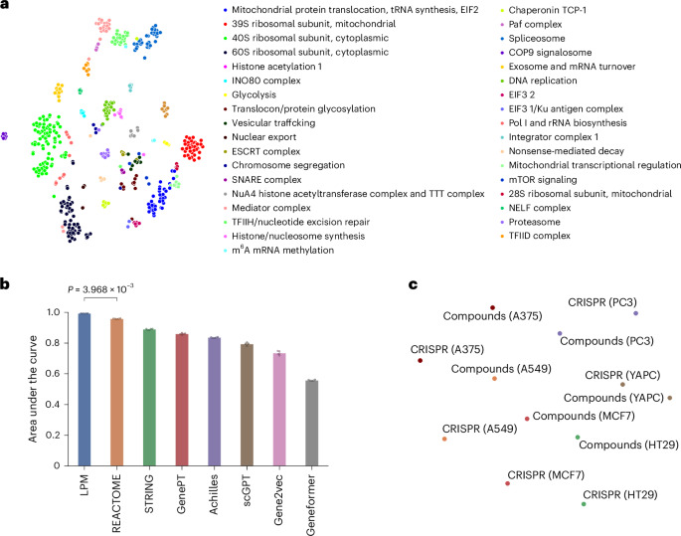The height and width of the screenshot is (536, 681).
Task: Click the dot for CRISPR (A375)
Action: [x=421, y=360]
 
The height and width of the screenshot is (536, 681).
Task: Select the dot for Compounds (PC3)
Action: [x=560, y=333]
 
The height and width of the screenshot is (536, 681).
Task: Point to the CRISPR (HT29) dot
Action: [x=584, y=504]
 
